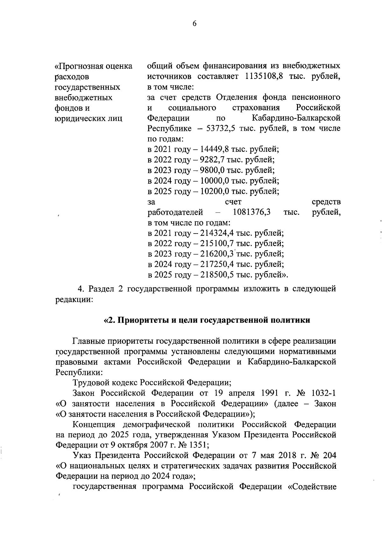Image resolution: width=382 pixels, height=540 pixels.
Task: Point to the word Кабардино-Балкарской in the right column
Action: click(296, 118)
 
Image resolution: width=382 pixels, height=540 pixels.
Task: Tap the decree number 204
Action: click(329, 456)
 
